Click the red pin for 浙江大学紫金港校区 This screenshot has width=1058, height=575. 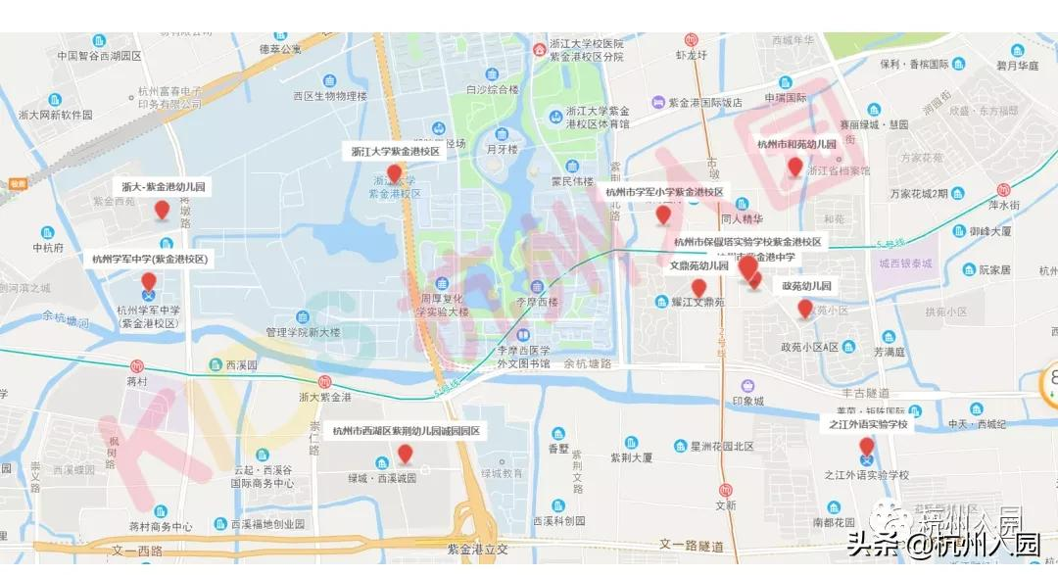point(395,174)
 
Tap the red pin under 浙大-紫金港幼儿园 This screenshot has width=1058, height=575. point(163,209)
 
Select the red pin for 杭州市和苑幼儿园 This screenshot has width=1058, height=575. point(795,168)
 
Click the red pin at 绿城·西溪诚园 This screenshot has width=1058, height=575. point(405,454)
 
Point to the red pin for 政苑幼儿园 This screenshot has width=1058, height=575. point(805,309)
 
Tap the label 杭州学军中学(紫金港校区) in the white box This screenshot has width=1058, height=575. point(150,260)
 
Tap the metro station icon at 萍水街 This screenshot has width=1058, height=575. point(1003,189)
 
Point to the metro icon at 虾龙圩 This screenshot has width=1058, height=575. point(691,41)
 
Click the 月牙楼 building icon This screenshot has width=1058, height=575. point(502,134)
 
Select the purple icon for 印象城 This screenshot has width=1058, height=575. point(747,385)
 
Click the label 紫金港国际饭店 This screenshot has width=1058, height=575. point(705,102)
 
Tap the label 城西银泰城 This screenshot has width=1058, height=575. point(906,264)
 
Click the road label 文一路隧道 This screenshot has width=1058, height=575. point(696,544)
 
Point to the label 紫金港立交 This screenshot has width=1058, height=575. point(480,551)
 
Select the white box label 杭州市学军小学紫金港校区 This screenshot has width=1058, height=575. point(664,192)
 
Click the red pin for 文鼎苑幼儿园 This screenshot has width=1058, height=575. point(698,286)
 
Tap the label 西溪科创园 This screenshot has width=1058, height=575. point(558,521)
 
